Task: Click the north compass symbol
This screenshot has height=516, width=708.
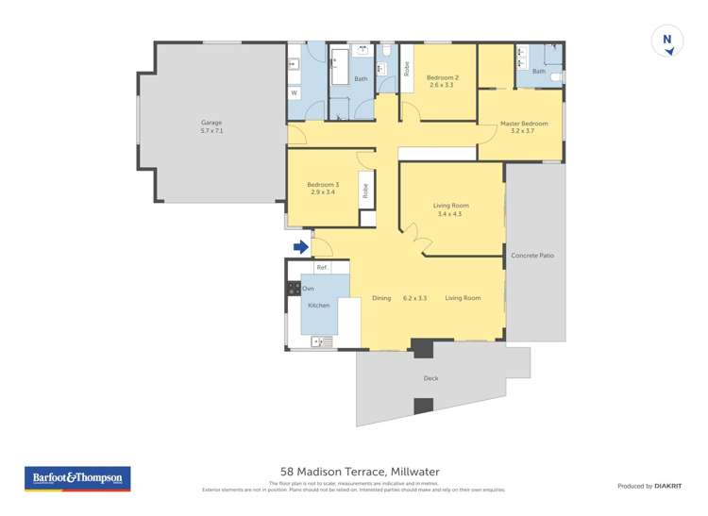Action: pyautogui.click(x=666, y=42)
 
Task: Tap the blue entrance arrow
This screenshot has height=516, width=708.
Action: pyautogui.click(x=300, y=247)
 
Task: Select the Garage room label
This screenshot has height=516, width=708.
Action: pyautogui.click(x=211, y=126)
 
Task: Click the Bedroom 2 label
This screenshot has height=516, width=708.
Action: pyautogui.click(x=442, y=77)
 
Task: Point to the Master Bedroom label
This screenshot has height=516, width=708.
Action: pyautogui.click(x=523, y=124)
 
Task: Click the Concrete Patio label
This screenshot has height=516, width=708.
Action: pyautogui.click(x=533, y=256)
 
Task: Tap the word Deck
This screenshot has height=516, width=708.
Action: pyautogui.click(x=430, y=378)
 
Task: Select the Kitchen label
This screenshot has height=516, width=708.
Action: pyautogui.click(x=318, y=306)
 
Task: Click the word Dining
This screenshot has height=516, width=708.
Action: pyautogui.click(x=381, y=298)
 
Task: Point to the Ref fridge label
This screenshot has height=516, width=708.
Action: pyautogui.click(x=321, y=268)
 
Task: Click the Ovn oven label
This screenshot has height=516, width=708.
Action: pyautogui.click(x=308, y=287)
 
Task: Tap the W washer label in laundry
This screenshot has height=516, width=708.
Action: pyautogui.click(x=294, y=93)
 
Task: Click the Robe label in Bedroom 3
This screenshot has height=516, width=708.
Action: pyautogui.click(x=365, y=191)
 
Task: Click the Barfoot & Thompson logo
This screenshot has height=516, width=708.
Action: pyautogui.click(x=76, y=478)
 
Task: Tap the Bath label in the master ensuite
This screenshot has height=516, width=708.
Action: pyautogui.click(x=538, y=71)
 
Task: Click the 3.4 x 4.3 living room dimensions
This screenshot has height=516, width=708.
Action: pyautogui.click(x=450, y=214)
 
